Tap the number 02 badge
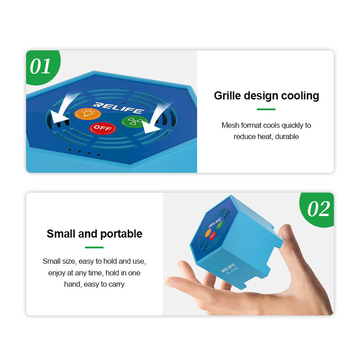pyautogui.click(x=319, y=209)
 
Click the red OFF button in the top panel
pyautogui.click(x=103, y=128)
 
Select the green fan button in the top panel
pyautogui.click(x=134, y=121)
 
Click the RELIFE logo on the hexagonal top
pyautogui.click(x=119, y=108)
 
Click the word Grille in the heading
pyautogui.click(x=227, y=96)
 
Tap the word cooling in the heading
pyautogui.click(x=300, y=96)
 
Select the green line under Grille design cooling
pyautogui.click(x=266, y=109)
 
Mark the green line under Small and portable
pyautogui.click(x=94, y=247)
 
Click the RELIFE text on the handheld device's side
pyautogui.click(x=229, y=269)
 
